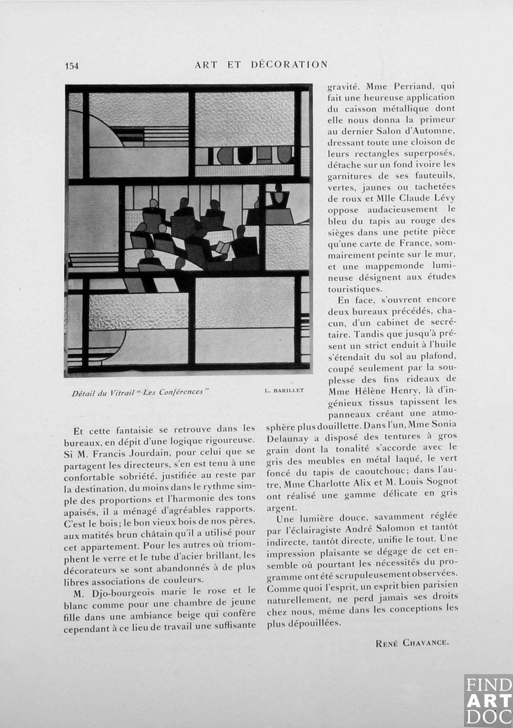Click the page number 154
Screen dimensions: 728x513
(x=72, y=66)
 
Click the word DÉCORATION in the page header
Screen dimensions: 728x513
(x=289, y=64)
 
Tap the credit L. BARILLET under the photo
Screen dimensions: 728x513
(x=284, y=390)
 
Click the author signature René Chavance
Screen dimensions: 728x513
(x=412, y=643)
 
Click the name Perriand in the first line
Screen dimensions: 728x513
(x=407, y=86)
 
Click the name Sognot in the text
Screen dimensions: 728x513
(x=441, y=482)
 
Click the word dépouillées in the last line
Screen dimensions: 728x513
(x=313, y=623)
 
